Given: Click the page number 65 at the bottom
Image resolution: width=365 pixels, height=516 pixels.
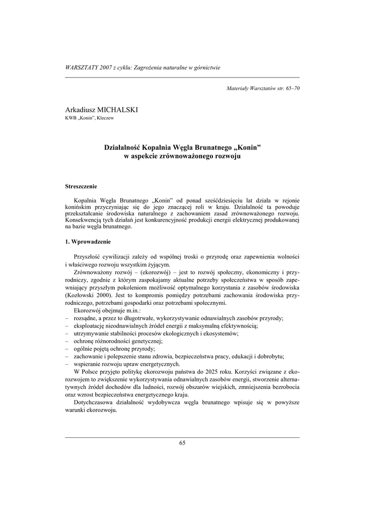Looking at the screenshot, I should pyautogui.click(x=182, y=443).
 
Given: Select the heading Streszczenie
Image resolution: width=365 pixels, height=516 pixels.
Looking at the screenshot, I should pyautogui.click(x=82, y=186).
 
